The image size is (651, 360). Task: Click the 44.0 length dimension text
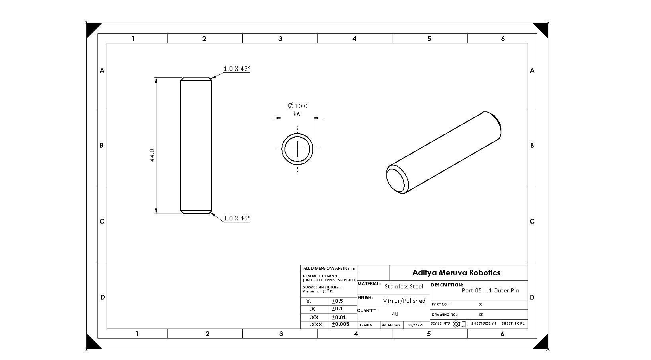152,155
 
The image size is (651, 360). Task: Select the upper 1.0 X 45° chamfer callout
237,68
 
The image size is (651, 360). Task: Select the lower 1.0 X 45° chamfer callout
237,218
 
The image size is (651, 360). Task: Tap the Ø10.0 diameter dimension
298,106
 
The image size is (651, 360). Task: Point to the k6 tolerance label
297,114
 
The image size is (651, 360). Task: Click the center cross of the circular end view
297,149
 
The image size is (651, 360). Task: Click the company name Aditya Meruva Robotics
456,272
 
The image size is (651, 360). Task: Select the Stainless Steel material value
403,286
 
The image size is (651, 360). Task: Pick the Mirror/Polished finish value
403,301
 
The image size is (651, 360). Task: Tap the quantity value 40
395,314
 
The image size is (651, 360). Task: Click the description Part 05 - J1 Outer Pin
490,290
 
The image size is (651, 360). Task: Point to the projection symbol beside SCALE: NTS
460,324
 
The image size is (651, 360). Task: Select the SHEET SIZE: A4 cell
483,323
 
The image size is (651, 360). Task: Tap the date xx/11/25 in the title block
415,325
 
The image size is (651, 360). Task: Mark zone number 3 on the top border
280,39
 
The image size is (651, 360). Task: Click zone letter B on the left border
101,146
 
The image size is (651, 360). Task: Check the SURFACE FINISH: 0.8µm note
322,287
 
